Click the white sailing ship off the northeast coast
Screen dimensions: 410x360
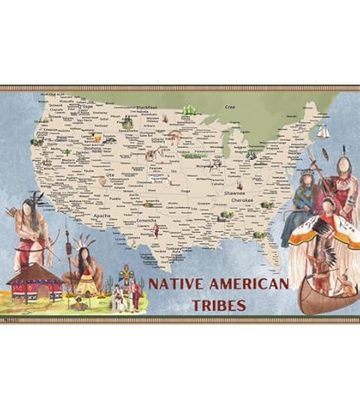tap(324, 131)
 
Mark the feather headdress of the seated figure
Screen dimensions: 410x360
tap(84, 242)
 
